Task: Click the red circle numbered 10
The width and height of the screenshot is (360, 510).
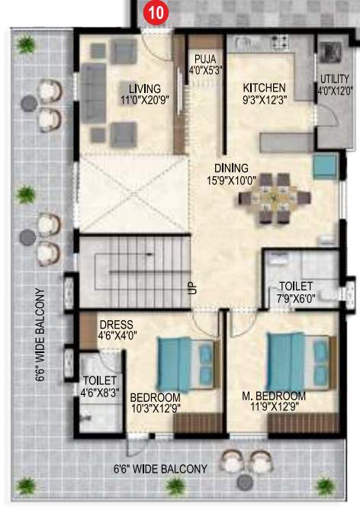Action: coord(156,13)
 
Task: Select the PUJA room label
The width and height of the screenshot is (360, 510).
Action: coord(204,58)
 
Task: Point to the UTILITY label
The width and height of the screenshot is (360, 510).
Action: coord(334,79)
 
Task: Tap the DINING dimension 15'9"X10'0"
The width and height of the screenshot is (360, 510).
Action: coord(230,181)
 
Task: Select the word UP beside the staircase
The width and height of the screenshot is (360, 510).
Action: coord(191,288)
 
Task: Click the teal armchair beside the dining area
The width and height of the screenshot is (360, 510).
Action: coord(323,165)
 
